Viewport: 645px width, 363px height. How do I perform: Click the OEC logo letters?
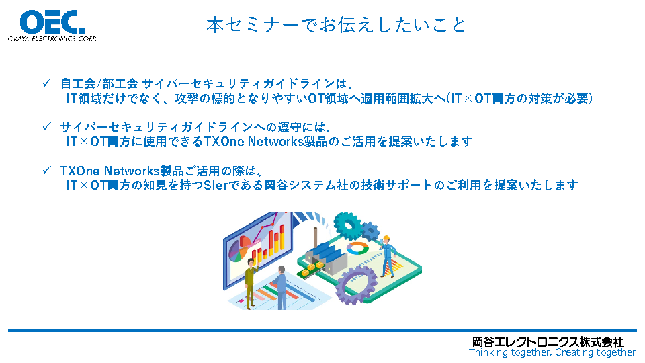click(52, 22)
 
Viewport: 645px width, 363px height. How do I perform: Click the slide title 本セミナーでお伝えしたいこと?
click(336, 25)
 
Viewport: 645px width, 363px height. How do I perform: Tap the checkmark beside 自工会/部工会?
click(46, 83)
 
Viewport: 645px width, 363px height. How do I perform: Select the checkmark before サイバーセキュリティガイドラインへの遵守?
click(46, 126)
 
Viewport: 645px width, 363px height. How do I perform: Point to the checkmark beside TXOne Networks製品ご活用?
click(46, 170)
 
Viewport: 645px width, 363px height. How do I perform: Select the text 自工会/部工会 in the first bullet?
click(99, 83)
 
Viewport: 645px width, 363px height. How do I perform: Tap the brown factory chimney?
click(316, 238)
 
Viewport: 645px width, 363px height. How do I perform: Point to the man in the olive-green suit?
click(250, 284)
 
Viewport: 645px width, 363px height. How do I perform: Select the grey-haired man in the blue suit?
click(281, 288)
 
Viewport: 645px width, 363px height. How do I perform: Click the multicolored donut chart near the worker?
click(357, 248)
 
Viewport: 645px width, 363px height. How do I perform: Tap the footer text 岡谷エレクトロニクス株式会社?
click(548, 341)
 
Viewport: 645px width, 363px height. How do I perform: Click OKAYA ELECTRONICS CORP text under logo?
click(52, 39)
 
